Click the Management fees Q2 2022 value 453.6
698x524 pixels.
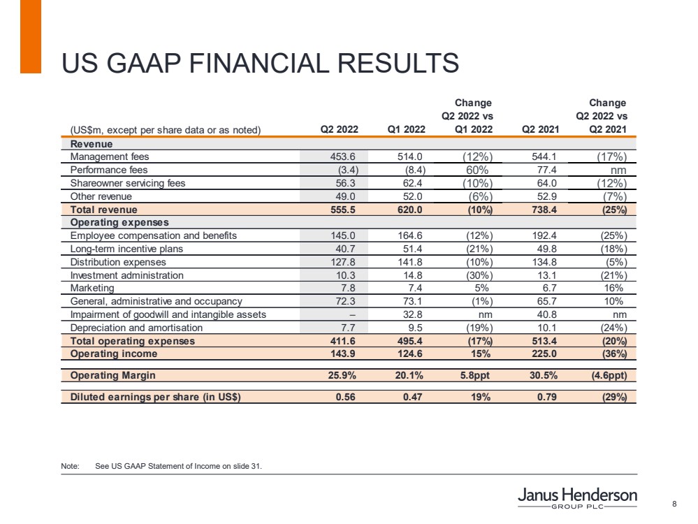point(344,157)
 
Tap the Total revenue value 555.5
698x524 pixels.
point(344,210)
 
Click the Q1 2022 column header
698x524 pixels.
point(406,129)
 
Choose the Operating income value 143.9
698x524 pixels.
point(344,354)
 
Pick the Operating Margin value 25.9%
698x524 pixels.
point(342,375)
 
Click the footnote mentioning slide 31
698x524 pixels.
point(178,466)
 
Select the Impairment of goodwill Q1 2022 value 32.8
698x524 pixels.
point(412,314)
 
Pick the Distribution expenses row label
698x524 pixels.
point(118,262)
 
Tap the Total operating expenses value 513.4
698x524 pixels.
point(546,341)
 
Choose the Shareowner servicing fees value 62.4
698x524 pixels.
point(412,183)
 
